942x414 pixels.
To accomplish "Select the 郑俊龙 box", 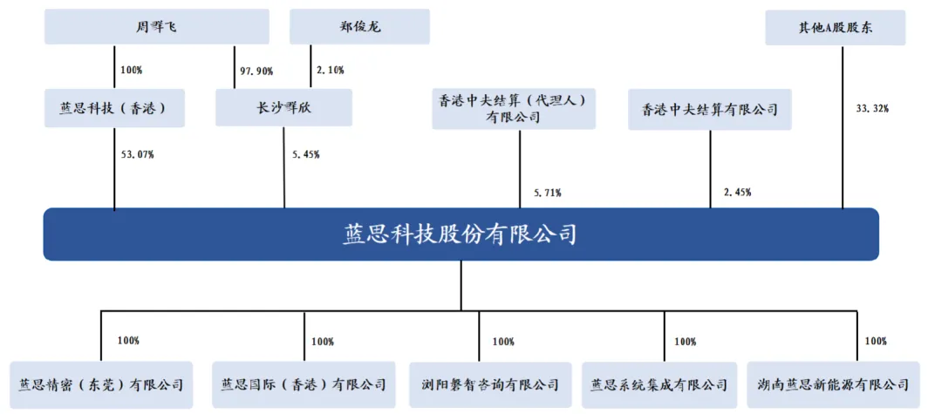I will tap(360, 27).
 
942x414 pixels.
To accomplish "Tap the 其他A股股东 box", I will tap(835, 27).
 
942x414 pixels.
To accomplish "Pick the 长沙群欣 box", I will tap(283, 108).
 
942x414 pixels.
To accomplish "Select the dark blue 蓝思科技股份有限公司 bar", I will tap(461, 234).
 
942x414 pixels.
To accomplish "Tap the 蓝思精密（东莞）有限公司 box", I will tap(101, 384).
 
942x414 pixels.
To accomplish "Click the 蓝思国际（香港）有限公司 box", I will tap(304, 384).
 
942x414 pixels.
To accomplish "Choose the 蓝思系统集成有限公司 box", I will tap(659, 384).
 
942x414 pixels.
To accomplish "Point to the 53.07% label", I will tap(138, 155).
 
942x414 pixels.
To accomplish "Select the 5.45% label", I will tap(306, 155).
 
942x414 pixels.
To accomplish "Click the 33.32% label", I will tap(872, 109).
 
